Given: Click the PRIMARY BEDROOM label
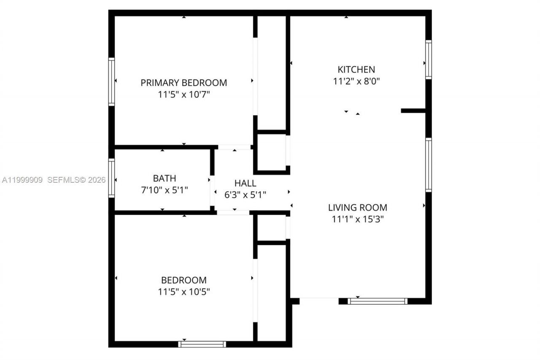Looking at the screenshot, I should tap(184, 83).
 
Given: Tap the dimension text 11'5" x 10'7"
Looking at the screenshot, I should tap(184, 95).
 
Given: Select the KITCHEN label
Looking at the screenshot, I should tap(356, 69).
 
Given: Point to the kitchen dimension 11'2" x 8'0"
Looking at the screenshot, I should tap(356, 81).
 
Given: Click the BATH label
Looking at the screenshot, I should tap(165, 178).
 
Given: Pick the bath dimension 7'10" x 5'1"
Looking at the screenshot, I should tap(165, 190).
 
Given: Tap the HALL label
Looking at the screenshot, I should tap(245, 183).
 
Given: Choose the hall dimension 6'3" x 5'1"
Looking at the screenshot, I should tap(245, 195).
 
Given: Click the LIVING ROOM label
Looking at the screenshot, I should tap(357, 207).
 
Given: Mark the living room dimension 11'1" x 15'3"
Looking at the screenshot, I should tap(357, 219).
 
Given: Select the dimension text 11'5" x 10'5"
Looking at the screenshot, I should tap(184, 292).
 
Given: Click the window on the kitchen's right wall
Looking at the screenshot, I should tap(429, 60).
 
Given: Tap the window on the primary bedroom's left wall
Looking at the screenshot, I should tap(111, 81).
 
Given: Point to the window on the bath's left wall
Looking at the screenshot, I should tap(111, 178).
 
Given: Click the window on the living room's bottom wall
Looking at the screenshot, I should tap(378, 301).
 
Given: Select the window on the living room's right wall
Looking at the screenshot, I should tap(429, 165).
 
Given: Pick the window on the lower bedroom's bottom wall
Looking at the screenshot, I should tap(202, 344).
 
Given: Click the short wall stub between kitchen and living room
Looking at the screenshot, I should tap(413, 111).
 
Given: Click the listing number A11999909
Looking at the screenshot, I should tap(22, 180).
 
